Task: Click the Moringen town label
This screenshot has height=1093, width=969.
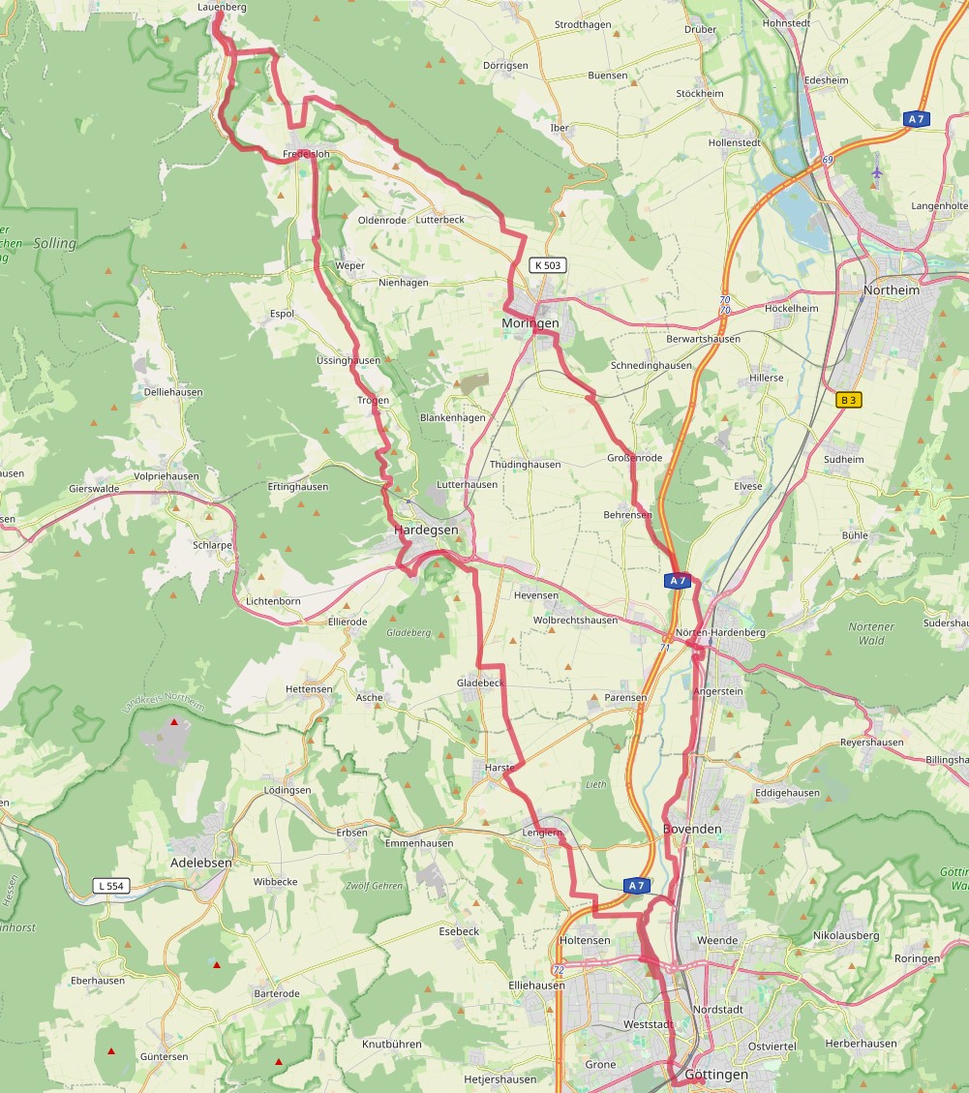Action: [x=530, y=322]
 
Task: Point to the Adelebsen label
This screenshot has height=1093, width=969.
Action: [x=200, y=862]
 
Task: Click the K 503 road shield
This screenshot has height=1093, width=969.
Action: [x=548, y=264]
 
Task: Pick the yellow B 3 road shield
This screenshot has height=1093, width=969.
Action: [x=848, y=399]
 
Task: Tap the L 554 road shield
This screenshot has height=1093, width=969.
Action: [x=111, y=885]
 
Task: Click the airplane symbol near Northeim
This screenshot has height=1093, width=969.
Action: [x=877, y=172]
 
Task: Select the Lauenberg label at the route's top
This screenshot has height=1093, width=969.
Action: [x=222, y=7]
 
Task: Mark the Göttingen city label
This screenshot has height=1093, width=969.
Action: [x=716, y=1075]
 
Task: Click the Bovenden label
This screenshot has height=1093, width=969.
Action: [x=692, y=830]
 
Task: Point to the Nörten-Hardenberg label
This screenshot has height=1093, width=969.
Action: [x=720, y=632]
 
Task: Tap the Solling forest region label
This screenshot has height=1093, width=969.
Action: [x=54, y=243]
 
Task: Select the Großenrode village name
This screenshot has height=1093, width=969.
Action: [x=634, y=457]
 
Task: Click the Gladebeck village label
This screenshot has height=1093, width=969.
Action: [x=480, y=683]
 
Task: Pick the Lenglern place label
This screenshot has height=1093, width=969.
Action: [x=542, y=833]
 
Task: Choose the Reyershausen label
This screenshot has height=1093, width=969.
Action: [x=871, y=743]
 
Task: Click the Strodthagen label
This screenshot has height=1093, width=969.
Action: [x=584, y=24]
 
